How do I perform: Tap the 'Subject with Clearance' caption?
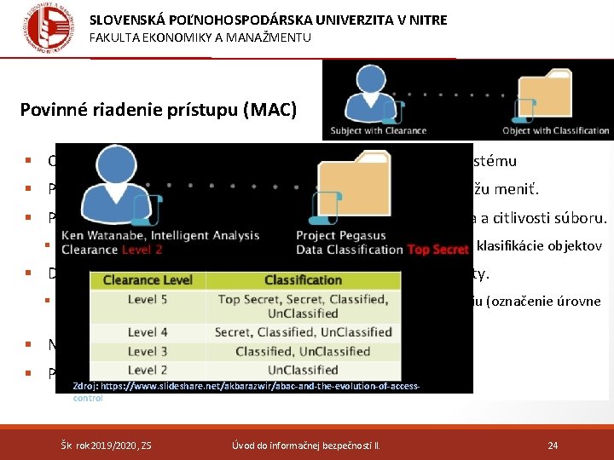point(385,130)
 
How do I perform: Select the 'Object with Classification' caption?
point(556,130)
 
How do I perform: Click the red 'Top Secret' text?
point(437,250)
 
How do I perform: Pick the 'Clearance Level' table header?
point(147,280)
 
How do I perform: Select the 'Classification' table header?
point(303,280)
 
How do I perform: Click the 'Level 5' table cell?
point(147,299)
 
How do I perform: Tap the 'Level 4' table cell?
point(147,332)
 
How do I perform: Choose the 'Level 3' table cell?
point(147,351)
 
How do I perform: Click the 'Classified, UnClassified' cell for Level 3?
point(303,351)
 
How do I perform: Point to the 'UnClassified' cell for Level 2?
point(303,370)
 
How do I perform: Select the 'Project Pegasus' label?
point(341,236)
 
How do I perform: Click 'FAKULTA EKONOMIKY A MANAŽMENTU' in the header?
point(200,37)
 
